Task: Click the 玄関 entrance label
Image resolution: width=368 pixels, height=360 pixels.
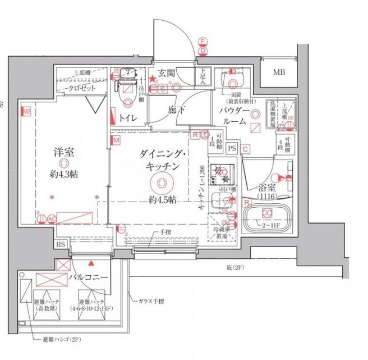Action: tap(167, 72)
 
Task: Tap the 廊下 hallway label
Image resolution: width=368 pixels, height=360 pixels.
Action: tap(176, 111)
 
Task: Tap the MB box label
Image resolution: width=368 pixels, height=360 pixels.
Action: tap(279, 72)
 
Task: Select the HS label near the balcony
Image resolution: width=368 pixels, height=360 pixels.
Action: tap(60, 245)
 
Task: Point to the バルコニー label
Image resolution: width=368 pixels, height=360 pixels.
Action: tap(88, 277)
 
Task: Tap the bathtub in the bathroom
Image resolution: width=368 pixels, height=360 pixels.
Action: tap(266, 215)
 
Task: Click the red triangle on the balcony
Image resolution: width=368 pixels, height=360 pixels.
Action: tap(91, 262)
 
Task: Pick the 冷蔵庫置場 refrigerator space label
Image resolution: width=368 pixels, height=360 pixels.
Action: tap(224, 233)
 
